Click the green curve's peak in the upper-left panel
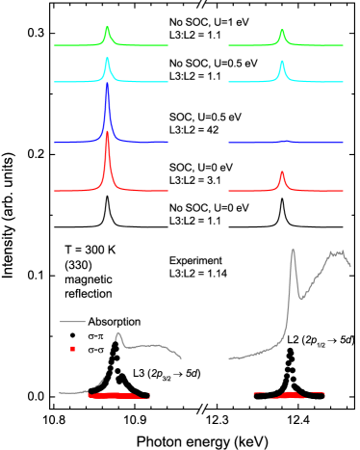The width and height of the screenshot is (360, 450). [107, 27]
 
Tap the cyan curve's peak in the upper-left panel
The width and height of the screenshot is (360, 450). [107, 59]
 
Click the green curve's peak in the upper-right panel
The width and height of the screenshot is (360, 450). [282, 30]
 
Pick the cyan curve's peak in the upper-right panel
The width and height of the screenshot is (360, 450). [282, 63]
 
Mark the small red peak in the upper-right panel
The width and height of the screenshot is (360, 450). [282, 172]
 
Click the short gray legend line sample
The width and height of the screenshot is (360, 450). [73, 321]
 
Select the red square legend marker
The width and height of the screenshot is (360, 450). [73, 349]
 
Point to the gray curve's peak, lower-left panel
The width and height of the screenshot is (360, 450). [117, 334]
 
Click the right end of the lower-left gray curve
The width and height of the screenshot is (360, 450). [181, 358]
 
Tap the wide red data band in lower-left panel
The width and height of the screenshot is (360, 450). [117, 395]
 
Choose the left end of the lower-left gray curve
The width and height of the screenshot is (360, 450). [60, 393]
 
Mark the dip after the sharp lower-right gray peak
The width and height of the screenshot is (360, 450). [301, 299]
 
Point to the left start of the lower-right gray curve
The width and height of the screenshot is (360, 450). [229, 358]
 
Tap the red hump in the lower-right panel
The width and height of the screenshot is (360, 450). [291, 393]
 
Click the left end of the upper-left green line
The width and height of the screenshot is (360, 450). [55, 45]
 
